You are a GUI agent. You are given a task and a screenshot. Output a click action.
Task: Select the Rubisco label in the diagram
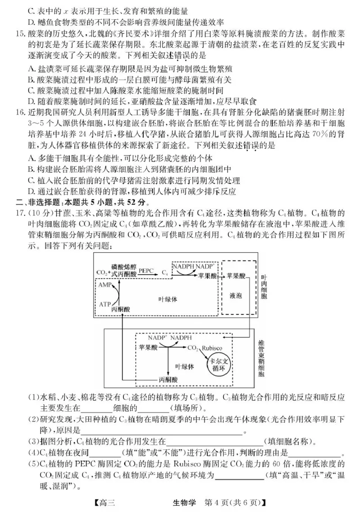[211, 348]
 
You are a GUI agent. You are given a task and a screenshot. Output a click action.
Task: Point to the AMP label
[104, 285]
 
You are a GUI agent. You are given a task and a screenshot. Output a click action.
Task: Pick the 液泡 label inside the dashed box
[235, 296]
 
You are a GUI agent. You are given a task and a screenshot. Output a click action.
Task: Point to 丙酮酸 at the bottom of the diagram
[168, 380]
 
